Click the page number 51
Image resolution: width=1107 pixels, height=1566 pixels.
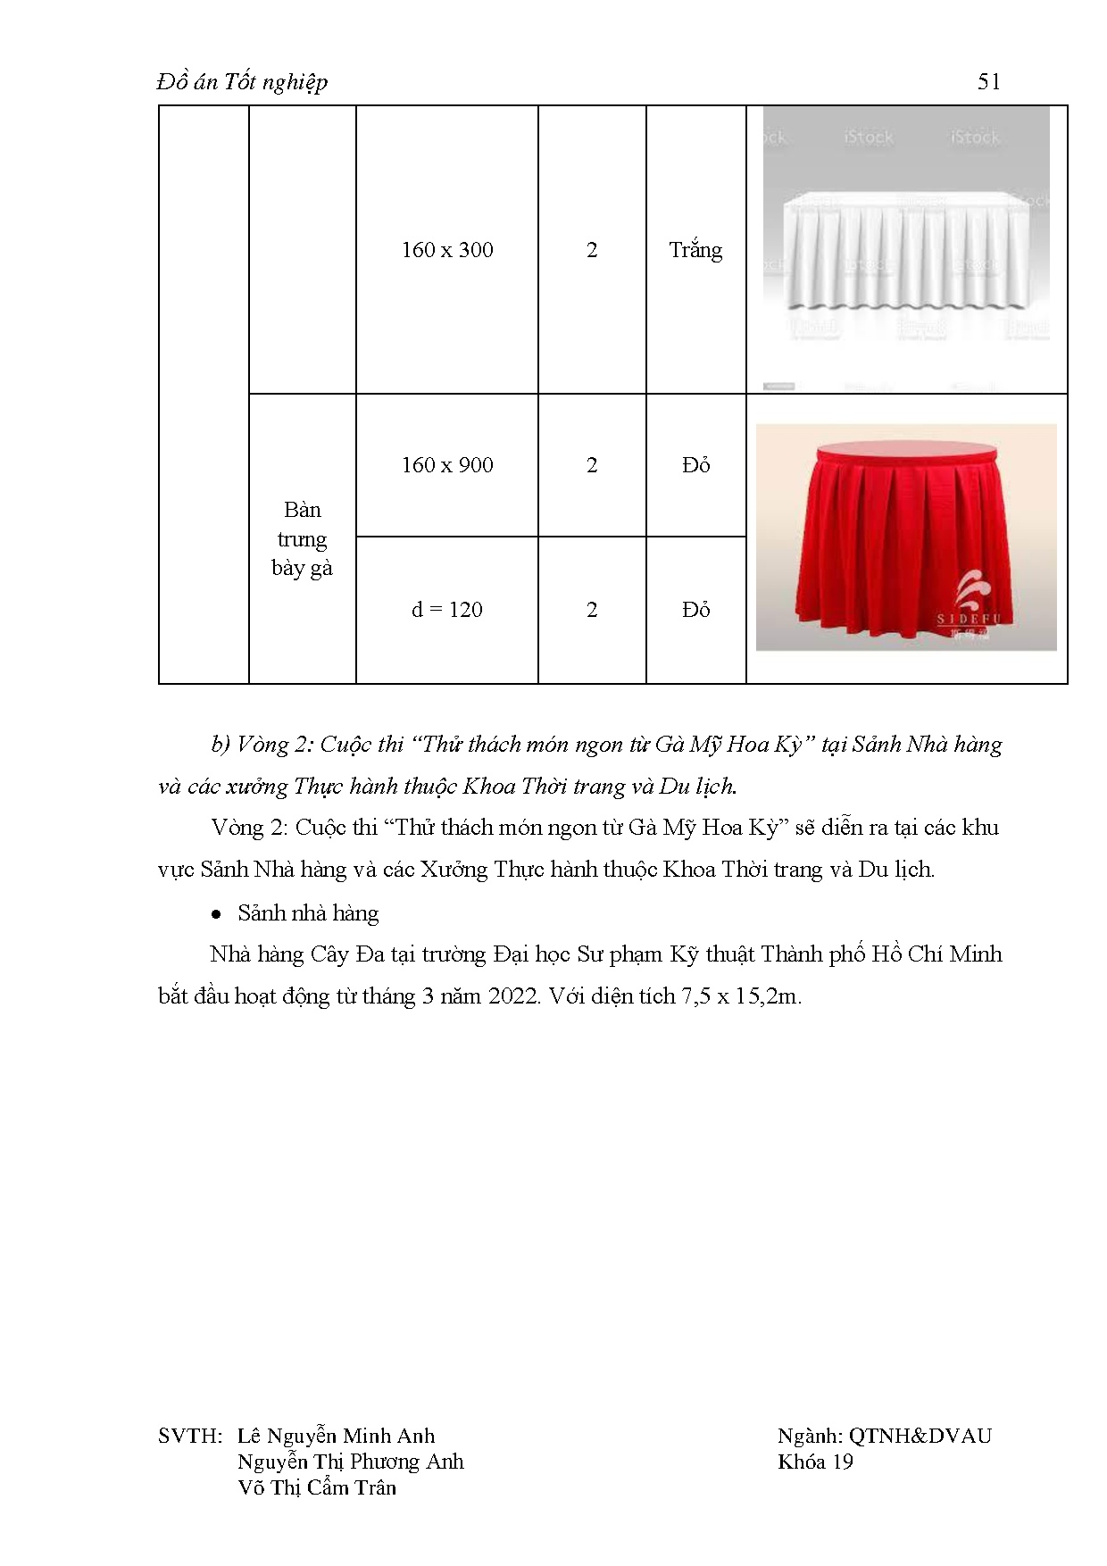[x=988, y=82]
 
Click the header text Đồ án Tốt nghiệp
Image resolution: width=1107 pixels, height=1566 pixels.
[x=243, y=82]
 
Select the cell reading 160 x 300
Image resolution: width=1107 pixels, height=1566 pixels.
[x=447, y=250]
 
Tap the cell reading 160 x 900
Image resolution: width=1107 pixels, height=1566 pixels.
[x=447, y=465]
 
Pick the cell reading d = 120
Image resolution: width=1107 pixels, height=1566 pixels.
[x=447, y=610]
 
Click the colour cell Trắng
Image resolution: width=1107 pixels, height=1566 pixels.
[x=695, y=250]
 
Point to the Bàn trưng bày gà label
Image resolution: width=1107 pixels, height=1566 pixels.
[x=302, y=538]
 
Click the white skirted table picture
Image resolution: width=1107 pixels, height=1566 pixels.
[x=906, y=249]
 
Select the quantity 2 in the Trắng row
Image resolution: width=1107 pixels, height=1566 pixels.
[x=592, y=250]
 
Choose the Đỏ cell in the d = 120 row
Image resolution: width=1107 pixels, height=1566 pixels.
[x=695, y=610]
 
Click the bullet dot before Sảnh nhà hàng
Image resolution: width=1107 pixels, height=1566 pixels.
[x=216, y=915]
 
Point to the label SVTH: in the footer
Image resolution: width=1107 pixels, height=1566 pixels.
[x=189, y=1437]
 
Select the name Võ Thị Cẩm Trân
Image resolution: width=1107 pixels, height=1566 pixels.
[x=317, y=1488]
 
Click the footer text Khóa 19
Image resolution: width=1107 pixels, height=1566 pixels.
[x=815, y=1462]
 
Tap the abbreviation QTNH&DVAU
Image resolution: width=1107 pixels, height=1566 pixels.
[x=920, y=1437]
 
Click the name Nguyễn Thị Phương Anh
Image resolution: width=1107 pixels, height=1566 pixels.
[x=350, y=1462]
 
